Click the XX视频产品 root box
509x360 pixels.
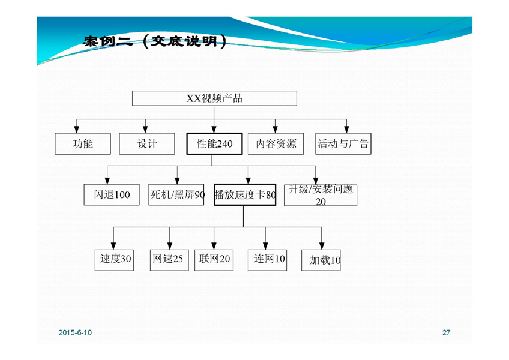coord(214,98)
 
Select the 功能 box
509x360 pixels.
coord(83,144)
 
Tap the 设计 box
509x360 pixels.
coord(147,144)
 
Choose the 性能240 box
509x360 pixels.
coord(214,144)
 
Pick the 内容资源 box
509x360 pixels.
coord(276,144)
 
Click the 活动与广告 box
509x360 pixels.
coord(343,144)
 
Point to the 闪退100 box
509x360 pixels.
coord(112,195)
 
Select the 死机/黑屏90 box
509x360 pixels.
coord(176,195)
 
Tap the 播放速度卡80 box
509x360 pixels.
coord(245,195)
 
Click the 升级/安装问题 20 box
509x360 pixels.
coord(321,195)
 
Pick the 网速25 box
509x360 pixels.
coord(168,260)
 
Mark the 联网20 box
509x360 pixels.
coord(214,260)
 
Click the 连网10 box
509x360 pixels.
coord(267,260)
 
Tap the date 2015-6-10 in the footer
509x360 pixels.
coord(76,332)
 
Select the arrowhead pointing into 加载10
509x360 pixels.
coord(321,245)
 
